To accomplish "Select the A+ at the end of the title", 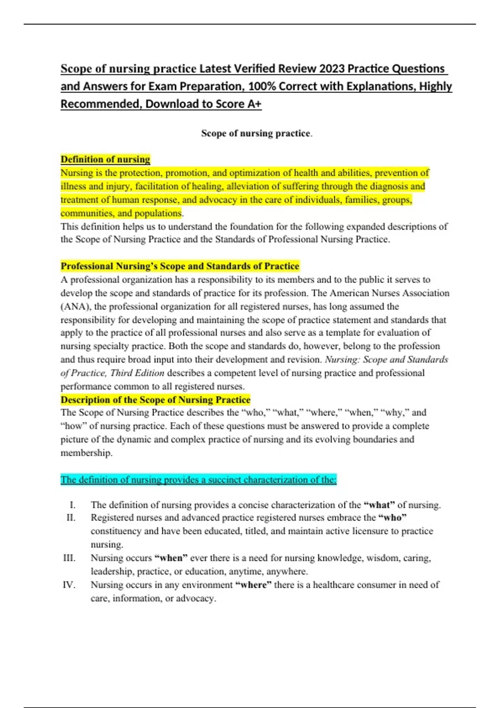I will coord(254,104).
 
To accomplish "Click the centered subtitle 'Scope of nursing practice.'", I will coord(257,133).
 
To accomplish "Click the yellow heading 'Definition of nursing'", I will coord(105,159).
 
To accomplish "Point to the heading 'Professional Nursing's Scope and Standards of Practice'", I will coord(180,266).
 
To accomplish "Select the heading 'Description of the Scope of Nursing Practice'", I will coord(155,400).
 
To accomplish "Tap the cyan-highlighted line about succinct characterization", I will coord(198,480).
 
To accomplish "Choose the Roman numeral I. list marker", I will coord(72,505).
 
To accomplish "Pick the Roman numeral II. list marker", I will coord(71,518).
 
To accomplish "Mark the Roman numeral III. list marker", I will coord(69,558).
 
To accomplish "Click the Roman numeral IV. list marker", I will coord(69,585).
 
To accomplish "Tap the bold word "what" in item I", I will coord(379,505).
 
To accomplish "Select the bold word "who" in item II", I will coord(392,518).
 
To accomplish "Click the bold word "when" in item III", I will coord(171,558).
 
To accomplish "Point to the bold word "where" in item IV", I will coord(253,585).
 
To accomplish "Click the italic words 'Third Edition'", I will coord(137,373).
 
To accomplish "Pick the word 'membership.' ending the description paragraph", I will coord(87,453).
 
